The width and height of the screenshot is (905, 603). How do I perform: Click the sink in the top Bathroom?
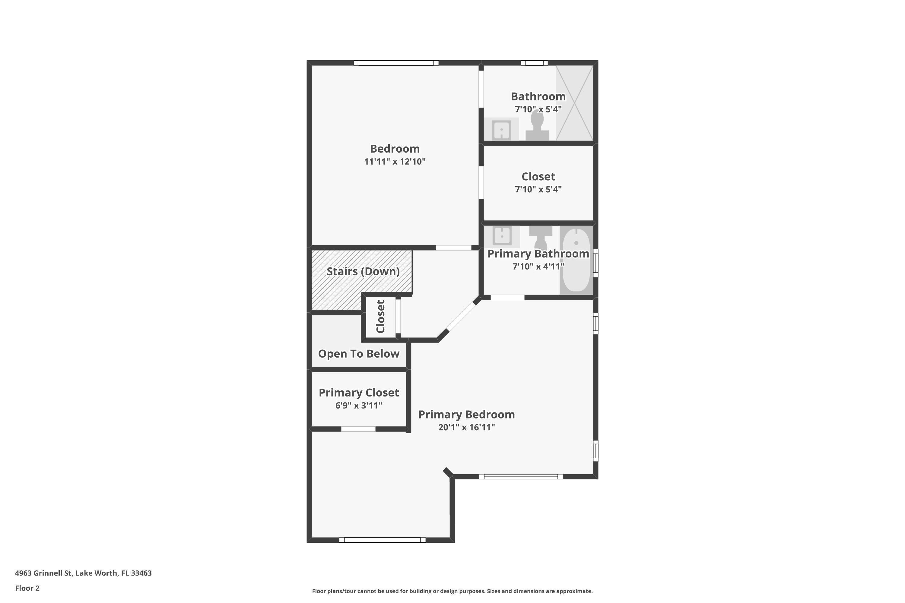[501, 130]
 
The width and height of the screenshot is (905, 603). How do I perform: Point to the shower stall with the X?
[574, 103]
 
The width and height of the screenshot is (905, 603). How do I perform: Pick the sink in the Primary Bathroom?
[502, 235]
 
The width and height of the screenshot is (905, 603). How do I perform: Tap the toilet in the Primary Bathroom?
[541, 236]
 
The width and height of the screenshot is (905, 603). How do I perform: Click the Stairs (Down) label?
[363, 272]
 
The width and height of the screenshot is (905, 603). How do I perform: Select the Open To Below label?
[359, 354]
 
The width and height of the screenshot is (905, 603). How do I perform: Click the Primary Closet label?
[359, 393]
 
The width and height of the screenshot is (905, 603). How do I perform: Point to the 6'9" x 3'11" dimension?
[359, 405]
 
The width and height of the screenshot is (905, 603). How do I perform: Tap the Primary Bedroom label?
[466, 415]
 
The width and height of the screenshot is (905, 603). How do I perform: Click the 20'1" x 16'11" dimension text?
[466, 427]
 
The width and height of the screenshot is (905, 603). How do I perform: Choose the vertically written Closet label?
[380, 317]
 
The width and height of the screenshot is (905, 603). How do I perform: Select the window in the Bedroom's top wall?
[396, 63]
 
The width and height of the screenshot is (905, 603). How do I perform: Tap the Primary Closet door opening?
[358, 429]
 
